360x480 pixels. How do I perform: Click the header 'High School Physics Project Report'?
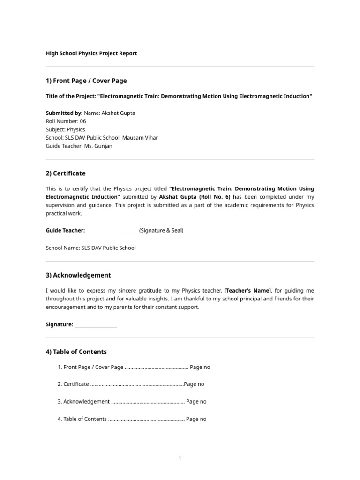click(x=91, y=53)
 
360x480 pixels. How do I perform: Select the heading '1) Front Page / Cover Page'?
click(x=86, y=81)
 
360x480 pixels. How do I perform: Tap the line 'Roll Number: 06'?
click(x=66, y=121)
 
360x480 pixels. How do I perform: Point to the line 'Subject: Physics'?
click(x=66, y=129)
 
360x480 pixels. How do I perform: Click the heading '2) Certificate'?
click(x=66, y=173)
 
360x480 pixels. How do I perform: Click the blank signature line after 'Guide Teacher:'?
click(x=112, y=231)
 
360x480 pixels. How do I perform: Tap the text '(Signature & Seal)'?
click(x=161, y=230)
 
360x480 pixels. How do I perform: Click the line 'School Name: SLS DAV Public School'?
click(x=90, y=247)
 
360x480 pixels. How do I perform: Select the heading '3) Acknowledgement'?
click(x=78, y=275)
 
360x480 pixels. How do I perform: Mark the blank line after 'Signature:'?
click(x=96, y=324)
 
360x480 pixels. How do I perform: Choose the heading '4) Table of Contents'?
click(x=76, y=352)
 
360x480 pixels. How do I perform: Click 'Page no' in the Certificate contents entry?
click(x=194, y=384)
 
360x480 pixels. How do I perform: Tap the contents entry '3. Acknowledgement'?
click(x=83, y=402)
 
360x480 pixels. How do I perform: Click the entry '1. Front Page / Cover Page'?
click(x=90, y=367)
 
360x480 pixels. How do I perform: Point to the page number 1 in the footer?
click(x=180, y=458)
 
